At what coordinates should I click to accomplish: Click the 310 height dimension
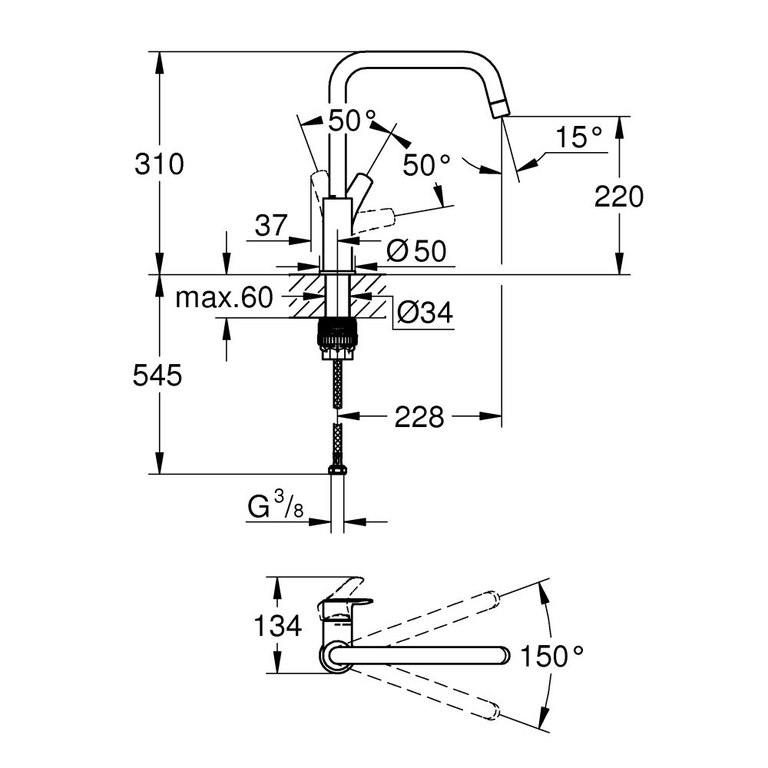pyautogui.click(x=160, y=164)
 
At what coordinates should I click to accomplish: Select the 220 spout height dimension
pyautogui.click(x=618, y=197)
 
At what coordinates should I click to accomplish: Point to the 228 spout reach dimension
pyautogui.click(x=419, y=417)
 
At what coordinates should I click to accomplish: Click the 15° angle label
pyautogui.click(x=578, y=138)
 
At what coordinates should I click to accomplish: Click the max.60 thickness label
pyautogui.click(x=224, y=297)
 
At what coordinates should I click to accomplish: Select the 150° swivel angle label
pyautogui.click(x=552, y=656)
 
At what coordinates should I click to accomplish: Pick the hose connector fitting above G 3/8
pyautogui.click(x=336, y=468)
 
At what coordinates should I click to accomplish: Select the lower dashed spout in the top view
pyautogui.click(x=430, y=696)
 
